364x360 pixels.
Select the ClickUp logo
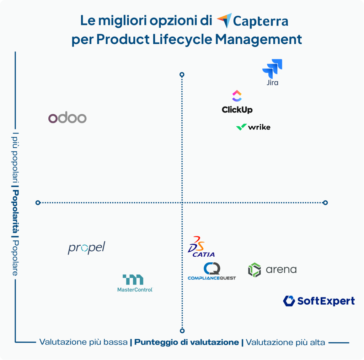pos(237,102)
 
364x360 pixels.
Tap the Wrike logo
pos(253,127)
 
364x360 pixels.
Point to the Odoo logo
pos(68,118)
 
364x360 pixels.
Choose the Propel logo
pos(86,248)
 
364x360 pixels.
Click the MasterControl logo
pos(135,283)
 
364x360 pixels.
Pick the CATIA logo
pos(201,246)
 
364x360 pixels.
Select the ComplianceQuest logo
pos(212,272)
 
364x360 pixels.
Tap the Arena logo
pos(272,270)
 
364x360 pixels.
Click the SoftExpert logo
pos(319,301)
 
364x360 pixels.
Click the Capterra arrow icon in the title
pos(224,21)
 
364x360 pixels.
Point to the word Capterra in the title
pos(261,21)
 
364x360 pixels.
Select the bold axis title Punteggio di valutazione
pos(187,342)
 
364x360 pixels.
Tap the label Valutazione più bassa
pos(83,342)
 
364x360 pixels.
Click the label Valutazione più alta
pos(285,342)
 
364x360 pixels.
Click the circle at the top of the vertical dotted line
pos(182,75)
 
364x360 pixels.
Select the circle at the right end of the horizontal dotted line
pos(325,203)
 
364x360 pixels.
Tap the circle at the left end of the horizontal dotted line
pos(38,203)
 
